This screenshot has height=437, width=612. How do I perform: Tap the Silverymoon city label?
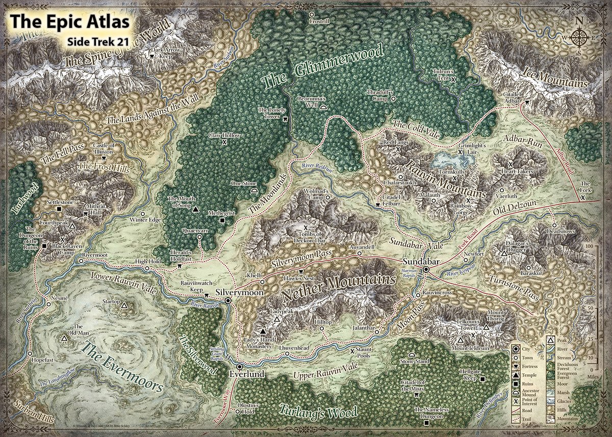point(239,293)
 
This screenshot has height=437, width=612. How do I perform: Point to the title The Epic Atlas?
point(70,22)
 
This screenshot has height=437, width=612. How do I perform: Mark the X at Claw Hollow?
point(224,143)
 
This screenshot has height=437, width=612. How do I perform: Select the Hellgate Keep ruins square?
point(482,378)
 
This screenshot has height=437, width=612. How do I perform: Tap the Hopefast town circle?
point(30,353)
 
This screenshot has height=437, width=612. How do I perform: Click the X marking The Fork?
point(582,196)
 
